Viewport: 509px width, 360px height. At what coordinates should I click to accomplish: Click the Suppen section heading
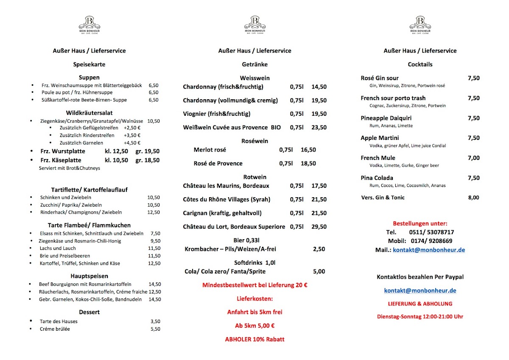(x=89, y=78)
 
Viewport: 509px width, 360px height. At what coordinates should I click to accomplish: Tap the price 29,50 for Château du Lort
(x=319, y=227)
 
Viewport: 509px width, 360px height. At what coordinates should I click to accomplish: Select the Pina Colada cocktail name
(x=377, y=178)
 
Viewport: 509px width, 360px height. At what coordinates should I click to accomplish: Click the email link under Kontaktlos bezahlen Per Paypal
(x=420, y=290)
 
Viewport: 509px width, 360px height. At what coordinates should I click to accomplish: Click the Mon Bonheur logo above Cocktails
(x=420, y=25)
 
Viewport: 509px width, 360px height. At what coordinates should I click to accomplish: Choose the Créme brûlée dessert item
(x=55, y=329)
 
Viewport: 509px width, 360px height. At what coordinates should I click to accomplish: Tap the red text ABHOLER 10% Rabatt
(x=255, y=339)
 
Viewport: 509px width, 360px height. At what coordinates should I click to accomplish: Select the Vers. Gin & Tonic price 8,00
(x=473, y=198)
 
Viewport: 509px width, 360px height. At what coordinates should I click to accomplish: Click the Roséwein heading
(x=255, y=141)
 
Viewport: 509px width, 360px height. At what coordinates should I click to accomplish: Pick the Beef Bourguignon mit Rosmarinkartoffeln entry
(x=85, y=285)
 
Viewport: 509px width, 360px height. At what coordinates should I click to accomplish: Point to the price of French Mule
(x=473, y=158)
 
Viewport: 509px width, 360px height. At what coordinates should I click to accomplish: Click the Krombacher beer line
(x=230, y=249)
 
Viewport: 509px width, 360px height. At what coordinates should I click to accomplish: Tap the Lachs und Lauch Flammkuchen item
(x=58, y=248)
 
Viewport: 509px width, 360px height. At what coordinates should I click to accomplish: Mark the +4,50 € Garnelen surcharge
(x=132, y=143)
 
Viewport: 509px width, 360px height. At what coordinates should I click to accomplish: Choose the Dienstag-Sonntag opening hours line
(x=420, y=317)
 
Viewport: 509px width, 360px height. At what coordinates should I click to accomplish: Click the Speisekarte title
(x=89, y=64)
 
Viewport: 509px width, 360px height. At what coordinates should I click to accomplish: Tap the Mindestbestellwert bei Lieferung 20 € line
(x=255, y=285)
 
